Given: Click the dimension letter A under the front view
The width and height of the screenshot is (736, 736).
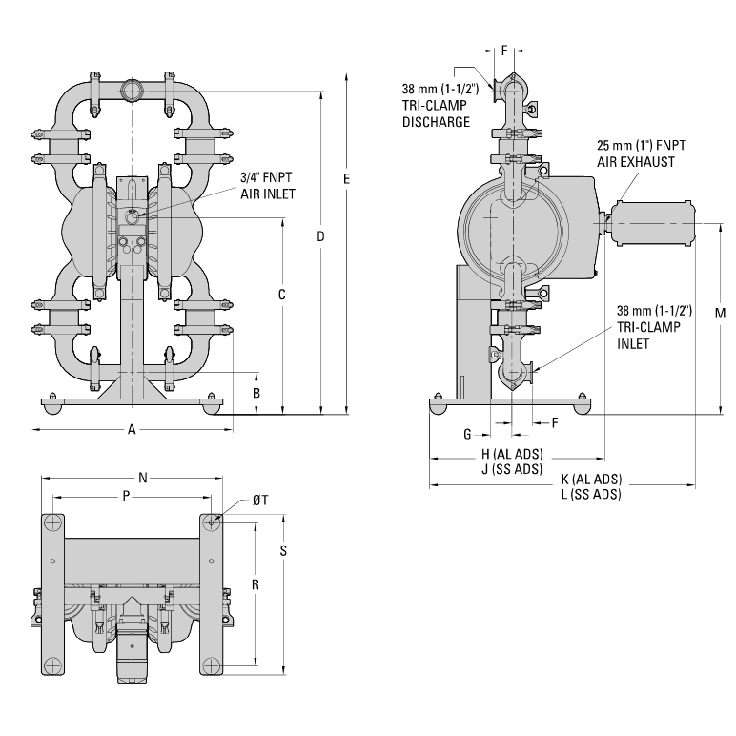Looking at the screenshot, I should (x=132, y=430).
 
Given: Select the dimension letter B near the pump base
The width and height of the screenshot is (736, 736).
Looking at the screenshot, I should (x=255, y=393).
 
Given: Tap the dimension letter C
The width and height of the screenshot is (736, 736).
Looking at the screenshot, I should (x=282, y=295).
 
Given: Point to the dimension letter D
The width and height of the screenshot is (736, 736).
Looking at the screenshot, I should (x=321, y=235).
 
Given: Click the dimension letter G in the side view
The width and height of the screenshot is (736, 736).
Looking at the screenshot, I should (x=468, y=434).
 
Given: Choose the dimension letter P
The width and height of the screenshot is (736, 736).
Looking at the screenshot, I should (x=126, y=496).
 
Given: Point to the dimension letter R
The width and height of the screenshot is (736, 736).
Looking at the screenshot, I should (x=255, y=583).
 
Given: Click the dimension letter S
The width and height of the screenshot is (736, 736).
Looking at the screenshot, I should (x=284, y=551).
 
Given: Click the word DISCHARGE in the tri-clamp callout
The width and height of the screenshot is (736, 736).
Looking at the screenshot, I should (x=435, y=121).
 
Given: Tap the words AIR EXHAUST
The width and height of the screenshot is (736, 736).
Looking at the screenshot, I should (x=636, y=161).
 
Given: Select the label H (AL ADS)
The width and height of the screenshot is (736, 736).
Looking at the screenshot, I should (x=512, y=454).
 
